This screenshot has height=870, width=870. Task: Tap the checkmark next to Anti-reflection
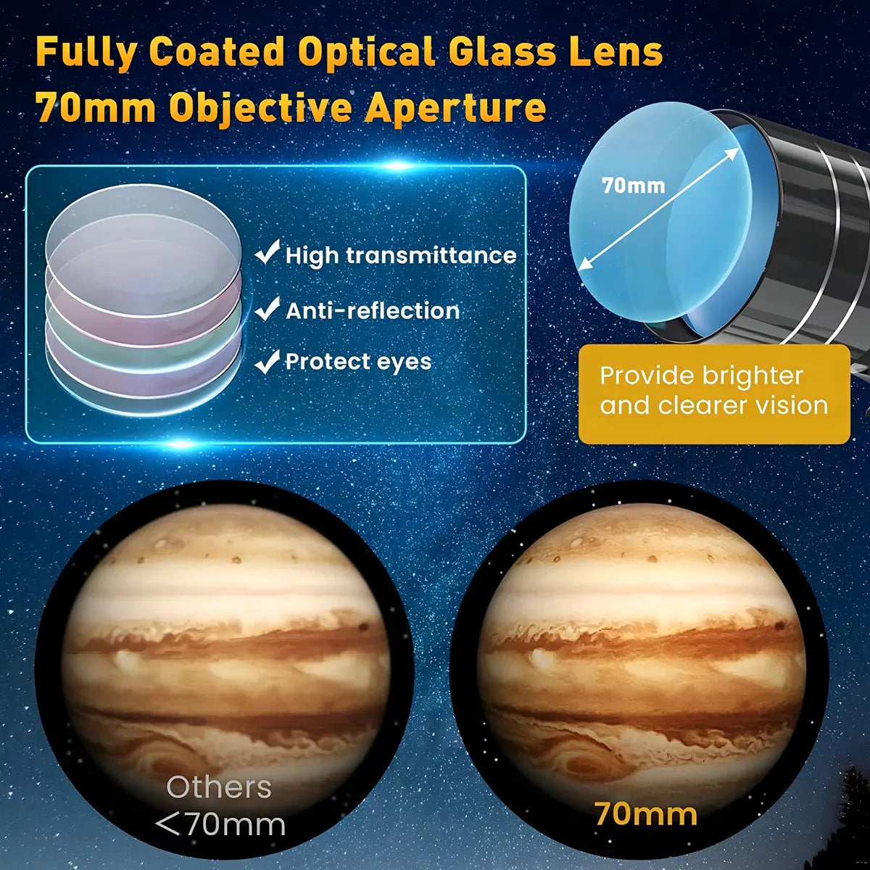268,309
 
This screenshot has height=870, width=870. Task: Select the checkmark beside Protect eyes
268,360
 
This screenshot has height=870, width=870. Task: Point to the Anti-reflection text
373,311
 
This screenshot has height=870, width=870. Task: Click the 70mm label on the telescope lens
633,186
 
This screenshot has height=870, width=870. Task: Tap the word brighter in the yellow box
753,376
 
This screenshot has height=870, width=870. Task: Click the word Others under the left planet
219,787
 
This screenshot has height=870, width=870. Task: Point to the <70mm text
220,824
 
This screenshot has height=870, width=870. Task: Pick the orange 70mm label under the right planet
645,813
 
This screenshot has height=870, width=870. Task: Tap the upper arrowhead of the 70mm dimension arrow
734,152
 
